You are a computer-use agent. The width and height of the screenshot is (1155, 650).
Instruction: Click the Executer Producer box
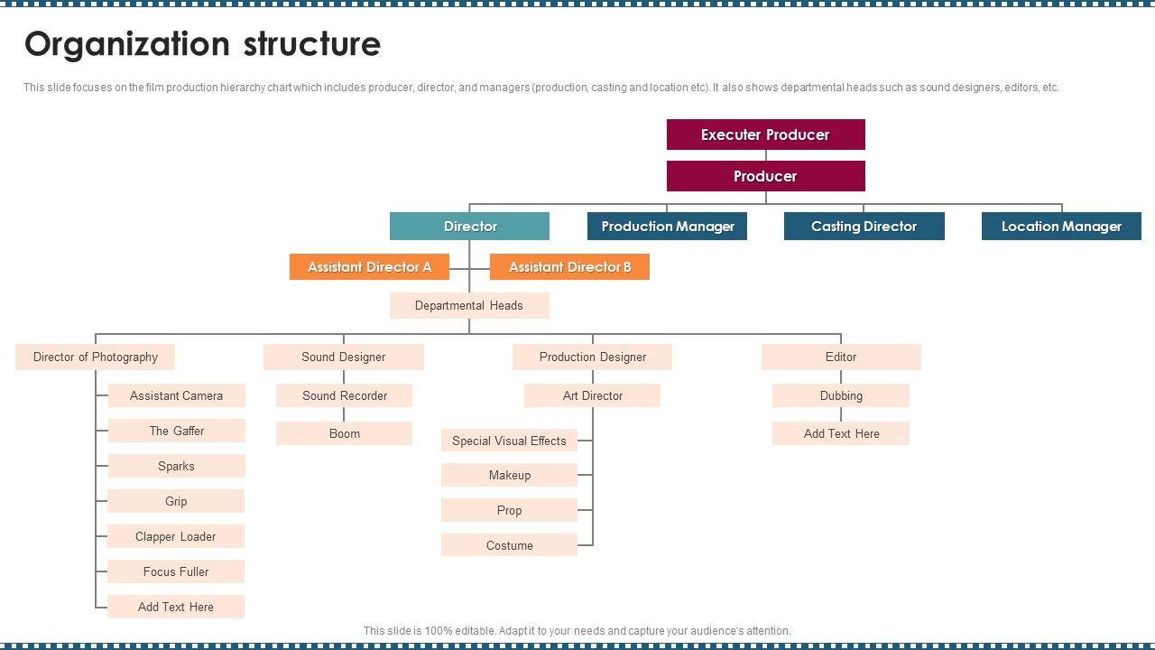(x=765, y=135)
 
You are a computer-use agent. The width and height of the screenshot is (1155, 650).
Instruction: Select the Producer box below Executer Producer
(x=765, y=176)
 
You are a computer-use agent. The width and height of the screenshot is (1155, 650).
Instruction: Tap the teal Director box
(x=469, y=226)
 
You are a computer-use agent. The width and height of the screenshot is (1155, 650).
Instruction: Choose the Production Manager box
(x=667, y=226)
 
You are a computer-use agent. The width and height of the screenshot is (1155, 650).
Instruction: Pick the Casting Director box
(x=864, y=226)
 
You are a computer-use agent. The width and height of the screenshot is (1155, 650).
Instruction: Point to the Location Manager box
(x=1061, y=226)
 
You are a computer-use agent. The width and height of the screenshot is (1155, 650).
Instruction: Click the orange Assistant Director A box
(x=369, y=267)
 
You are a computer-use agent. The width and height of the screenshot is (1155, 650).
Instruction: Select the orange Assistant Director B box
(x=569, y=267)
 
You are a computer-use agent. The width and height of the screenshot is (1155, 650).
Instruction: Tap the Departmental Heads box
(x=469, y=305)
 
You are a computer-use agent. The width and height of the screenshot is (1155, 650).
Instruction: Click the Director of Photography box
(x=95, y=357)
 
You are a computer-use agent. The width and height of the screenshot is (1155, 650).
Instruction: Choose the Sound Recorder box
(x=344, y=395)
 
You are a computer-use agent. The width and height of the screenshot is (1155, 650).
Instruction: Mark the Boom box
(x=344, y=433)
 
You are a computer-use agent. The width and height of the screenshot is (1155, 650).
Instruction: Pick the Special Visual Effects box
(x=509, y=441)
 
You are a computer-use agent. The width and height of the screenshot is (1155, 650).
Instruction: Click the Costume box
(x=509, y=545)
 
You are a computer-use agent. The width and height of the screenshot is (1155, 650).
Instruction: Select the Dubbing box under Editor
(x=841, y=395)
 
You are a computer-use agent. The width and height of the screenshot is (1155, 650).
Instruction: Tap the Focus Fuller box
(x=176, y=571)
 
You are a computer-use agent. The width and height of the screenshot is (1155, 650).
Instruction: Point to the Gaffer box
(x=176, y=431)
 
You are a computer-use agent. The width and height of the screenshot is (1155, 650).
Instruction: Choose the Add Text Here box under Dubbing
(x=841, y=433)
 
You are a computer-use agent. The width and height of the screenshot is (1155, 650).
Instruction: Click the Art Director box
(x=592, y=395)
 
